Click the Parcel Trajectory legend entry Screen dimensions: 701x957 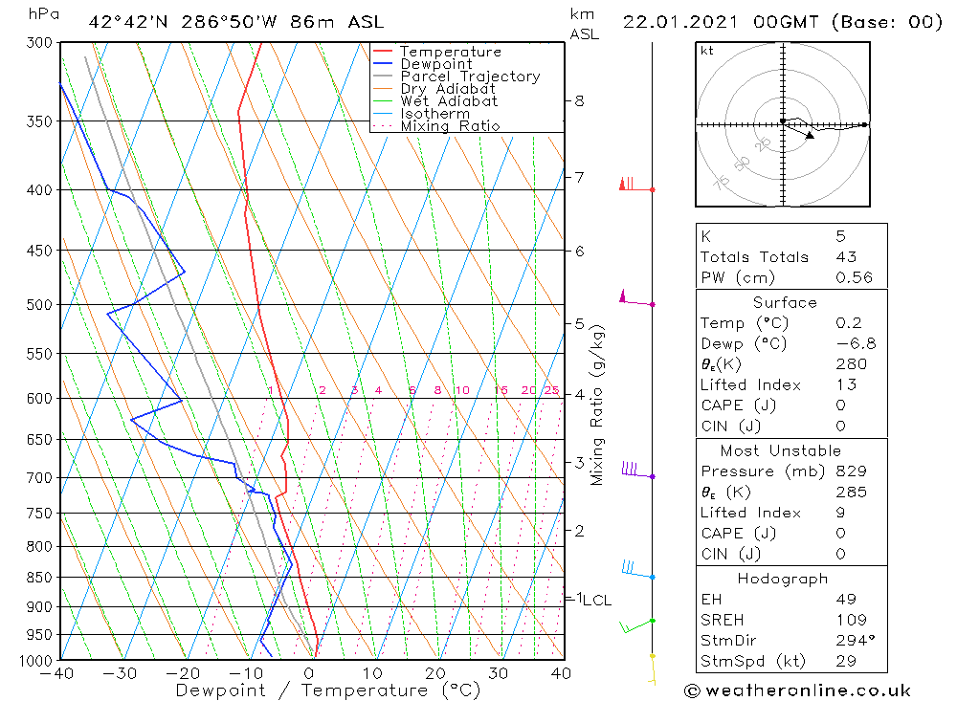[470, 77]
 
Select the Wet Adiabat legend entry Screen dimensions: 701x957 [448, 101]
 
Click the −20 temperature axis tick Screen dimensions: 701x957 [183, 674]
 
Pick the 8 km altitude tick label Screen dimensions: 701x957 [579, 100]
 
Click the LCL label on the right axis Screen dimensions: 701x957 [597, 601]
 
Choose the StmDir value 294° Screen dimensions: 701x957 [852, 640]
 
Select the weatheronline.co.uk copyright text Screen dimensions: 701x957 [797, 690]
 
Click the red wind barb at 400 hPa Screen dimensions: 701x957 [629, 185]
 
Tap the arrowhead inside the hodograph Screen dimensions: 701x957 [810, 136]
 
